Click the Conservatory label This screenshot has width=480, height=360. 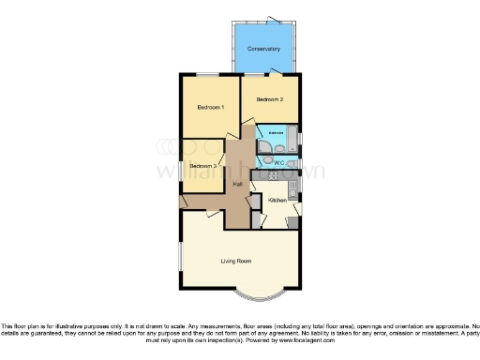pyautogui.click(x=264, y=49)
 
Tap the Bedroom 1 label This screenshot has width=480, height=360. pyautogui.click(x=210, y=108)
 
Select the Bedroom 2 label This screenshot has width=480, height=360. pyautogui.click(x=271, y=98)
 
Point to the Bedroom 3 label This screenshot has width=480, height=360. pyautogui.click(x=202, y=166)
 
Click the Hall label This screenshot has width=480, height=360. pyautogui.click(x=239, y=184)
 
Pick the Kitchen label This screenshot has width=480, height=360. pyautogui.click(x=278, y=201)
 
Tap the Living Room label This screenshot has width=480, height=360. pyautogui.click(x=238, y=260)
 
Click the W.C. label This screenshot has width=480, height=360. pyautogui.click(x=279, y=163)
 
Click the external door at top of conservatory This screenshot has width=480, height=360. pyautogui.click(x=274, y=20)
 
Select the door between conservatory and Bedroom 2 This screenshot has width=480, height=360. pyautogui.click(x=276, y=72)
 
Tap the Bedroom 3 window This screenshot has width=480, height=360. pyautogui.click(x=181, y=166)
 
